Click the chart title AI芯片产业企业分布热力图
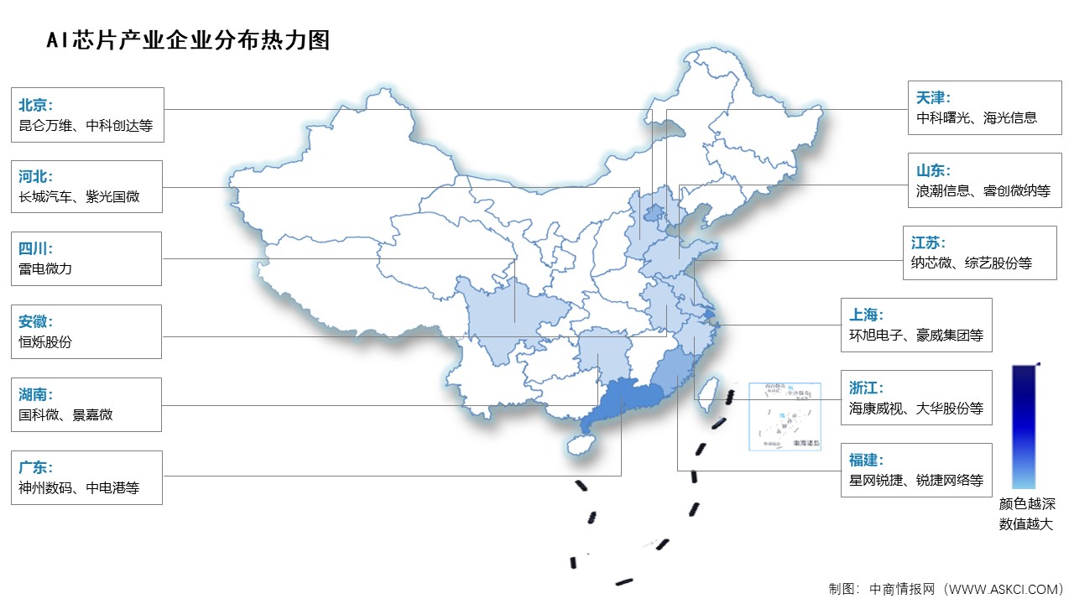coord(188,39)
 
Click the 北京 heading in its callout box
coord(35,105)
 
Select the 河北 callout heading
coord(35,177)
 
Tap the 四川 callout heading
coord(35,249)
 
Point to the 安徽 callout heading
coord(35,321)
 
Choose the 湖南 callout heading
coord(35,394)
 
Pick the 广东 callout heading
coord(35,467)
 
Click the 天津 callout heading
coord(934,98)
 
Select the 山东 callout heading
coord(934,170)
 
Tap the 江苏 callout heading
coord(929,242)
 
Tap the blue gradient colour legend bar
coord(1024,426)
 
